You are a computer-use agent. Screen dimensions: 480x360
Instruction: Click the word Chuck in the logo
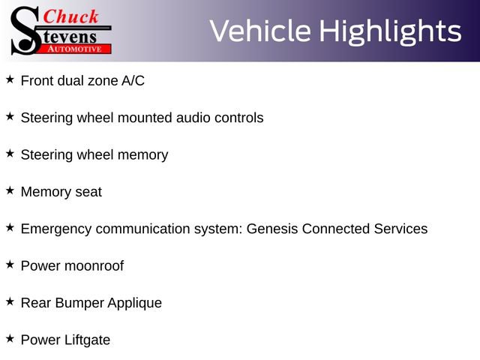tap(70, 16)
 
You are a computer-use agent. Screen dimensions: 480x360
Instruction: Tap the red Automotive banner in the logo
tap(74, 49)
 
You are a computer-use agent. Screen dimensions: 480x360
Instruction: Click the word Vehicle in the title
tap(260, 31)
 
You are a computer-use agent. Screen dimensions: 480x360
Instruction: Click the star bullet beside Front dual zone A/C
tap(10, 79)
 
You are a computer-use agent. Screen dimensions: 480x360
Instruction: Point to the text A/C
tap(133, 81)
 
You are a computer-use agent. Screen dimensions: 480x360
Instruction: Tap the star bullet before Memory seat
tap(10, 190)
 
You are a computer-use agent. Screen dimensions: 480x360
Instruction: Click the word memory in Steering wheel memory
tap(143, 155)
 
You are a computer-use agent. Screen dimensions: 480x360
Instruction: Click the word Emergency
tap(56, 229)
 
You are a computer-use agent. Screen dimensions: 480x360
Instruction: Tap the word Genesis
tap(272, 229)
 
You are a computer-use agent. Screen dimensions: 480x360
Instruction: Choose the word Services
tap(400, 229)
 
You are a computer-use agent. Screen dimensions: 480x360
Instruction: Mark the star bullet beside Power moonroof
tap(10, 265)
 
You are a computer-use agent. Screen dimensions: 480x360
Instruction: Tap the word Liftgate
tap(88, 340)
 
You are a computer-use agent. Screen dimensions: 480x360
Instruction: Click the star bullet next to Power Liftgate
tap(10, 338)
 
